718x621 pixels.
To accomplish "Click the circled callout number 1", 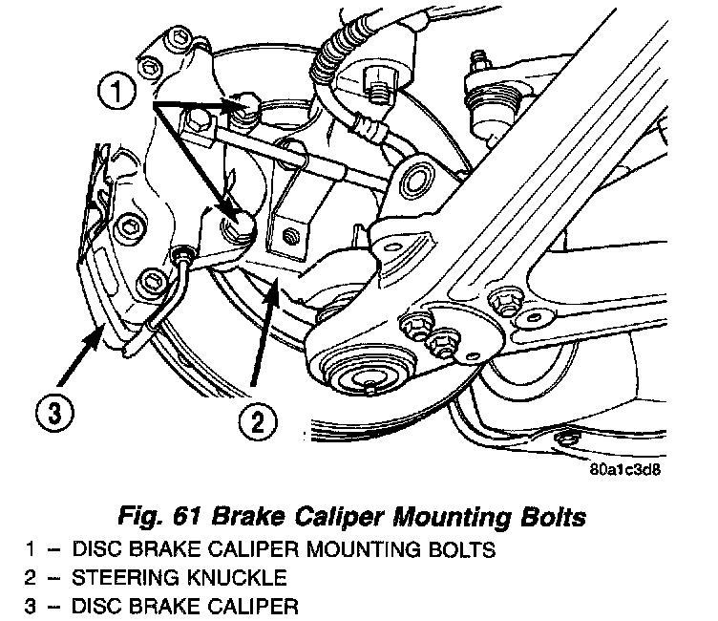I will click(x=116, y=93).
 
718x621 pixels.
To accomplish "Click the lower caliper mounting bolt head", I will click(x=237, y=225).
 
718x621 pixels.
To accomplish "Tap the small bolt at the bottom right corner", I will click(x=569, y=439).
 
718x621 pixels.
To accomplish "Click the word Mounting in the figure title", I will click(x=430, y=520).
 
